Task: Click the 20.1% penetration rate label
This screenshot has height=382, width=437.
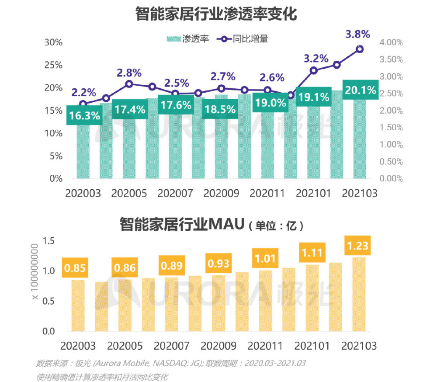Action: [360, 91]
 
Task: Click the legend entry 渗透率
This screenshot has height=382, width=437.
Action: [188, 38]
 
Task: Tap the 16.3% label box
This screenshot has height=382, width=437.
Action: [84, 115]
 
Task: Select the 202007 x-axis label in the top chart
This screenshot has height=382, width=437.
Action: [175, 193]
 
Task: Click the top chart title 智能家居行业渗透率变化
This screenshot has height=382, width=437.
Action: [216, 14]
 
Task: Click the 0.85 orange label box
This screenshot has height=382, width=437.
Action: [75, 268]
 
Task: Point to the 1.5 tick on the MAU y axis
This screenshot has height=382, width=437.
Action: [49, 241]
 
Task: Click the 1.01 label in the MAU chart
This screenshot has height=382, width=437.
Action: [266, 258]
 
